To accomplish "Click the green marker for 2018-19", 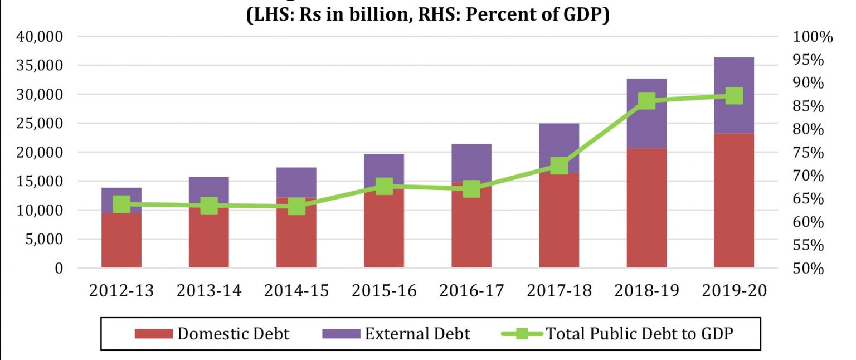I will tap(646, 101).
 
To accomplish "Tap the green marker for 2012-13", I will tap(121, 205).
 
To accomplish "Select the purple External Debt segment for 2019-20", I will tap(734, 95).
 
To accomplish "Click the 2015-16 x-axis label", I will tap(384, 291).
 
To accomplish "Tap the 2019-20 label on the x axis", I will tap(734, 291).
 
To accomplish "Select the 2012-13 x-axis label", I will tap(121, 291).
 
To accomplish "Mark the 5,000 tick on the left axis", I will tap(47, 240).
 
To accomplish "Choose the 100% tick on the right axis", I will tap(811, 37).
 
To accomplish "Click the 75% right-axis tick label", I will tap(808, 153).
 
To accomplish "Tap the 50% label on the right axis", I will tap(808, 269).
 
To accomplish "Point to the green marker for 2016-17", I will tap(471, 189).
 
